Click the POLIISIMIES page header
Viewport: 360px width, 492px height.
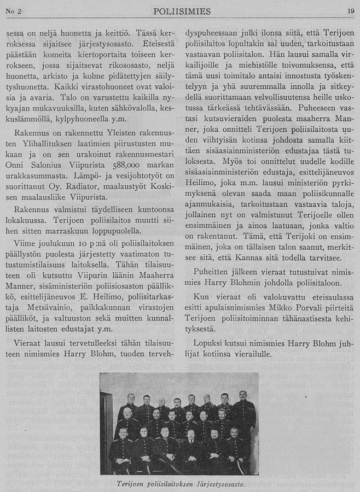point(179,11)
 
